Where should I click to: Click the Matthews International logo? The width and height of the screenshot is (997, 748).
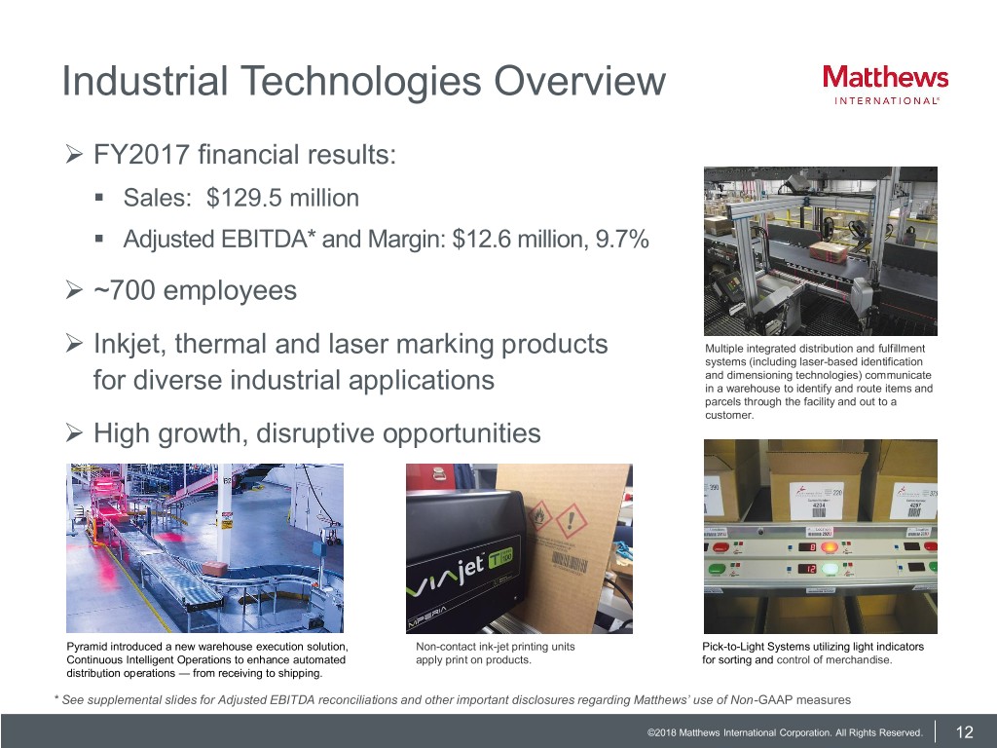(x=885, y=85)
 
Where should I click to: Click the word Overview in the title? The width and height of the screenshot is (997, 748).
(x=580, y=82)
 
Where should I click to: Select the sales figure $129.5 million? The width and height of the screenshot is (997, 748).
(x=283, y=198)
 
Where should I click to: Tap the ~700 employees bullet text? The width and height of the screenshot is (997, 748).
(x=195, y=290)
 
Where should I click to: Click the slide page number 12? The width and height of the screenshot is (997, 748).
(x=965, y=732)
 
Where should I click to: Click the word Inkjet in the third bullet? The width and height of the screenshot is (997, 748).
(x=129, y=344)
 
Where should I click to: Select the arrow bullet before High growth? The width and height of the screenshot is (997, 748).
(x=74, y=433)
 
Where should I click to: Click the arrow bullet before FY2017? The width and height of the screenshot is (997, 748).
(x=74, y=155)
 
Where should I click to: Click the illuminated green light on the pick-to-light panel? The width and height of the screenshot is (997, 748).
(x=830, y=568)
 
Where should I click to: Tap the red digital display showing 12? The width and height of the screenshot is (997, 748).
(x=807, y=568)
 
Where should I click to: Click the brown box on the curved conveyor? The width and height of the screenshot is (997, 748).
(x=214, y=569)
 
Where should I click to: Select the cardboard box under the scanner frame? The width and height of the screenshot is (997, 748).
(x=828, y=252)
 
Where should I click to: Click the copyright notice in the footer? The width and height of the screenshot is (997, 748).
(x=785, y=732)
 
